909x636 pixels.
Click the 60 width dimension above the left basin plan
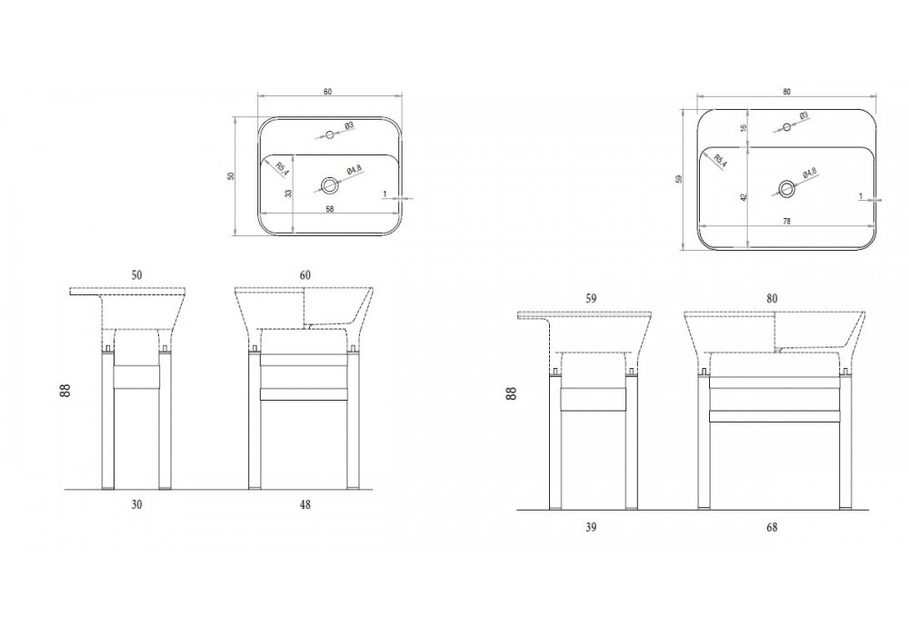pyautogui.click(x=327, y=92)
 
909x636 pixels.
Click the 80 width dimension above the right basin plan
pyautogui.click(x=786, y=92)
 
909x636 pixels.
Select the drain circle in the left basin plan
pyautogui.click(x=329, y=185)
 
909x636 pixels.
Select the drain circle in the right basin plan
pyautogui.click(x=786, y=188)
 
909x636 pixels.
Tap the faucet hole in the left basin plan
pyautogui.click(x=329, y=135)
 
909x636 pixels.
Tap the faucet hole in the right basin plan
pyautogui.click(x=786, y=127)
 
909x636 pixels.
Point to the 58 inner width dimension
pyautogui.click(x=329, y=209)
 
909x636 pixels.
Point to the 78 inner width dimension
pyautogui.click(x=786, y=221)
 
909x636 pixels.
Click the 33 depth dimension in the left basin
pyautogui.click(x=289, y=193)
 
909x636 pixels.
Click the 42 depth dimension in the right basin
pyautogui.click(x=744, y=197)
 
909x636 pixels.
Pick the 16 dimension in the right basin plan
pyautogui.click(x=744, y=127)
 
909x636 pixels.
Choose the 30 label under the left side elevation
pyautogui.click(x=136, y=504)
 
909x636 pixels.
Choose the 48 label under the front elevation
pyautogui.click(x=305, y=504)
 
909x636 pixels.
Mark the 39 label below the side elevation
pyautogui.click(x=591, y=527)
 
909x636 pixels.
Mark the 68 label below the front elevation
pyautogui.click(x=772, y=527)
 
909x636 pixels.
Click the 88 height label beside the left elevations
pyautogui.click(x=65, y=391)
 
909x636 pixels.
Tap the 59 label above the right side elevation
pyautogui.click(x=591, y=298)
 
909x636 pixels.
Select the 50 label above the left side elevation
pyautogui.click(x=136, y=275)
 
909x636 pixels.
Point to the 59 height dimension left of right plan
pyautogui.click(x=679, y=179)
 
